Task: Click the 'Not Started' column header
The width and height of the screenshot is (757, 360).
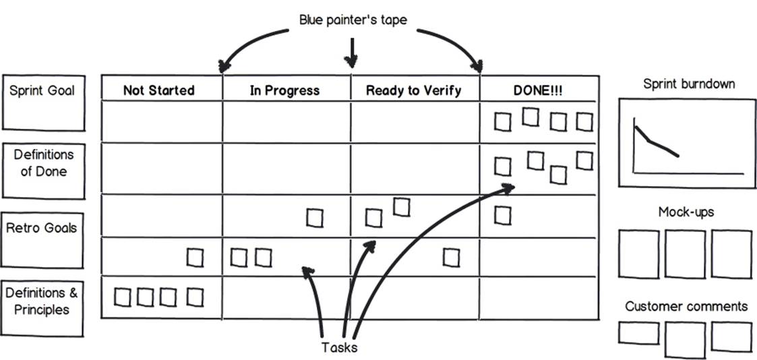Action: click(159, 90)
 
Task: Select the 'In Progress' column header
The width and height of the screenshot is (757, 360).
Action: click(284, 90)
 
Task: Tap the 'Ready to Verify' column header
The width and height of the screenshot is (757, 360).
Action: click(413, 90)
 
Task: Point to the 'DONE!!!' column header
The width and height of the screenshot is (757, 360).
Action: click(538, 90)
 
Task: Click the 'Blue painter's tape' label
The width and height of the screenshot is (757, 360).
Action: click(353, 20)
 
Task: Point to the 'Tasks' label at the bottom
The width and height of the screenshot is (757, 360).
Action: click(339, 347)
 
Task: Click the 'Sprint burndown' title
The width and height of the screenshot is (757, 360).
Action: click(689, 84)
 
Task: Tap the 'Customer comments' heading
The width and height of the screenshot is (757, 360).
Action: click(686, 307)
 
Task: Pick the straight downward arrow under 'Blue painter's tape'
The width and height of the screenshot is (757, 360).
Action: click(352, 52)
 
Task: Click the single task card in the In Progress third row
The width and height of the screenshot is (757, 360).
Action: click(315, 218)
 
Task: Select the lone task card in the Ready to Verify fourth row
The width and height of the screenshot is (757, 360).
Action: click(451, 258)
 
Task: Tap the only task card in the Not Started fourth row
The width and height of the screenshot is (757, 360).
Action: click(195, 258)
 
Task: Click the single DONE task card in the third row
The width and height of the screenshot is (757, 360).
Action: click(503, 215)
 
